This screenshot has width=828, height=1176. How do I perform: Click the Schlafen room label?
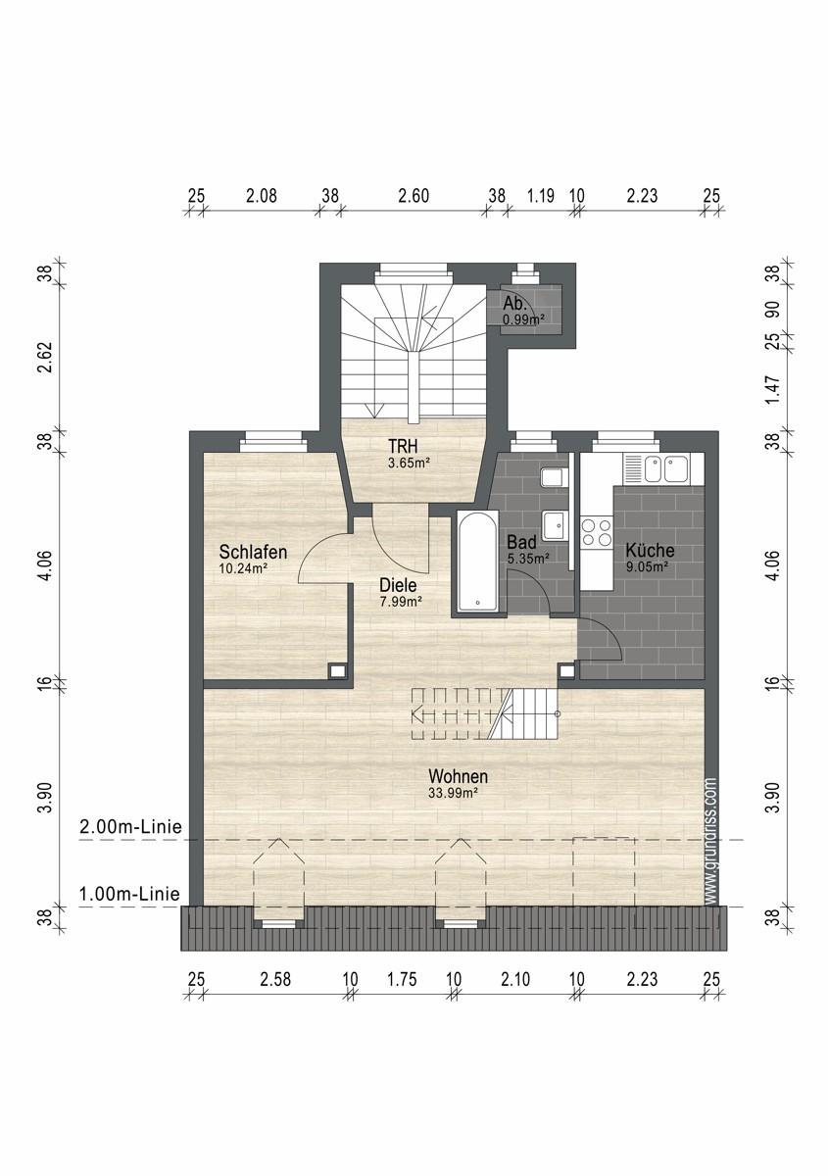(253, 552)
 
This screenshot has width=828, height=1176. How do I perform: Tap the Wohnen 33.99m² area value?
(453, 793)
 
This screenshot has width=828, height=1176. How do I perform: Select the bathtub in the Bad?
(477, 562)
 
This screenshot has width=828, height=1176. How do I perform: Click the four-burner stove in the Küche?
(597, 532)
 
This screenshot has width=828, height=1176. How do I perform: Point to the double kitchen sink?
(663, 468)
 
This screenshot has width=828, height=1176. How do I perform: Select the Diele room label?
(398, 585)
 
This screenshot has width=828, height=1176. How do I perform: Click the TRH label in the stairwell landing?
(403, 446)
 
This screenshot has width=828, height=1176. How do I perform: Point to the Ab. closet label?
(514, 303)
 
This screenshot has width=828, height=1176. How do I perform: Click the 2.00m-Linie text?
(130, 827)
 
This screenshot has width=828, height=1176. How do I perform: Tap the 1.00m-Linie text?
(129, 894)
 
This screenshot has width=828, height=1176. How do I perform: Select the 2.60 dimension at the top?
(414, 196)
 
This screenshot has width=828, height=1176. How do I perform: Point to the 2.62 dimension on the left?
(48, 357)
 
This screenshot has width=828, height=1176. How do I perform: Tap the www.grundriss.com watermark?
(711, 842)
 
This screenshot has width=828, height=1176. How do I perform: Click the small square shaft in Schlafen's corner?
(338, 670)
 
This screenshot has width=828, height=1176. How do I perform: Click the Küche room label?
(650, 551)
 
